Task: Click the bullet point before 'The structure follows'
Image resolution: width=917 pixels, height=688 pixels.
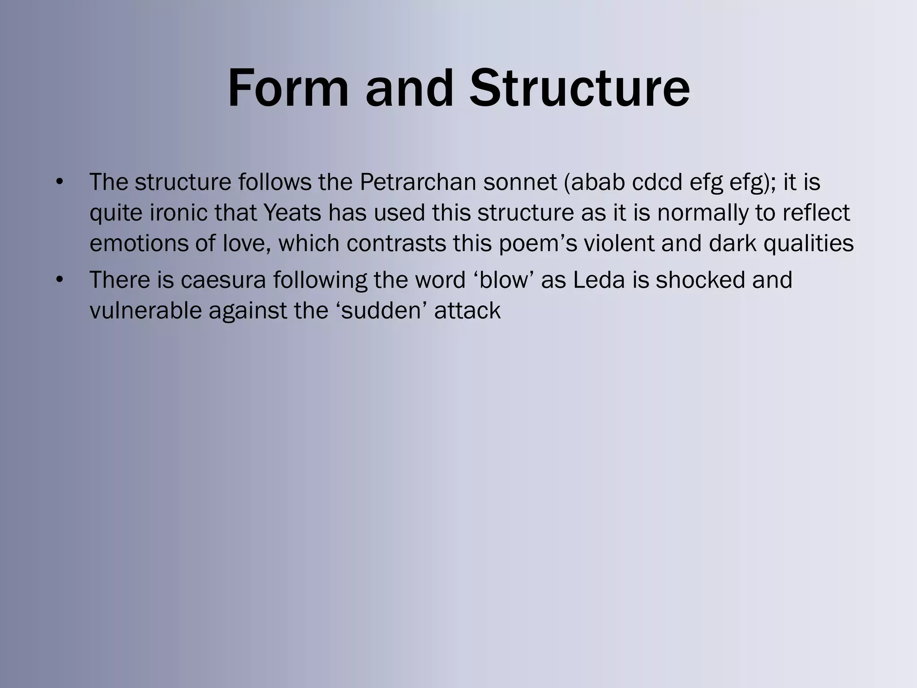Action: [x=60, y=182]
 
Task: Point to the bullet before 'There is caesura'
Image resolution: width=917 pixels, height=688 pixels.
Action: [x=60, y=280]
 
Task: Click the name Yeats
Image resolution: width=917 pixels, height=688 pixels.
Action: [x=292, y=213]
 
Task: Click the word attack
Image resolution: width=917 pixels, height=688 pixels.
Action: [x=467, y=310]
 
